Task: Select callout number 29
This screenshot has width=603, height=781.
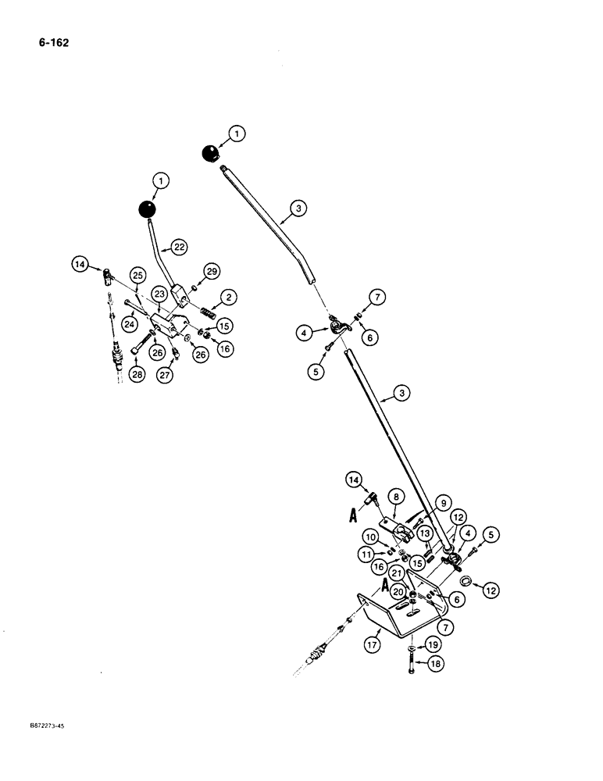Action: [x=211, y=270]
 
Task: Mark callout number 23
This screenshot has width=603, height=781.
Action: [x=159, y=294]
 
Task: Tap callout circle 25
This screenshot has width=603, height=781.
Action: [x=137, y=275]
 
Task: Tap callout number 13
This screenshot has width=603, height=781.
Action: [x=426, y=533]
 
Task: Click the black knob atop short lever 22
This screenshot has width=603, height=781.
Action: [x=146, y=209]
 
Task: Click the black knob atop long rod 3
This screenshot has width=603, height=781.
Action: [x=209, y=154]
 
